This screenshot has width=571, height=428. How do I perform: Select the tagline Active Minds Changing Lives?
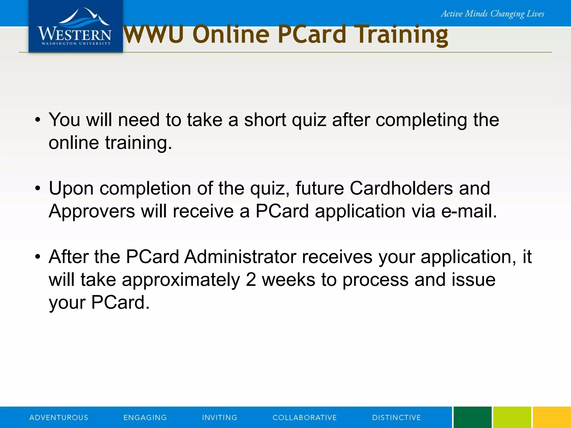tap(492, 14)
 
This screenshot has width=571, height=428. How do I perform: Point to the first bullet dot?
tap(38, 120)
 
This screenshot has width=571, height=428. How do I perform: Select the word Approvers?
tap(92, 211)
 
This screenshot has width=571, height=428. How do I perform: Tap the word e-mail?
tap(469, 211)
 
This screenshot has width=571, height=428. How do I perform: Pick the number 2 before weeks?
tap(251, 279)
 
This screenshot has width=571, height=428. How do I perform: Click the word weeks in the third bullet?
tap(288, 279)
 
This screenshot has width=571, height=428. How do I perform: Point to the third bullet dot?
tap(38, 257)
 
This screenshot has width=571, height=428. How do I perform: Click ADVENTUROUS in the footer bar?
tap(59, 417)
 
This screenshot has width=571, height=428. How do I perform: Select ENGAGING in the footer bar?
tap(145, 417)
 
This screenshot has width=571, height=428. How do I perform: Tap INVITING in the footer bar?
tap(219, 417)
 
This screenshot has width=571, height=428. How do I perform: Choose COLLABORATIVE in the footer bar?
tap(304, 417)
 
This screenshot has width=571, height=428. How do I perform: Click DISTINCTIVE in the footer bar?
tap(396, 417)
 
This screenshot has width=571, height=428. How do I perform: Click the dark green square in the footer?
tap(472, 417)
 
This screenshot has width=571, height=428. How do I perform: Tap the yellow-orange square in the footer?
tap(552, 417)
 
